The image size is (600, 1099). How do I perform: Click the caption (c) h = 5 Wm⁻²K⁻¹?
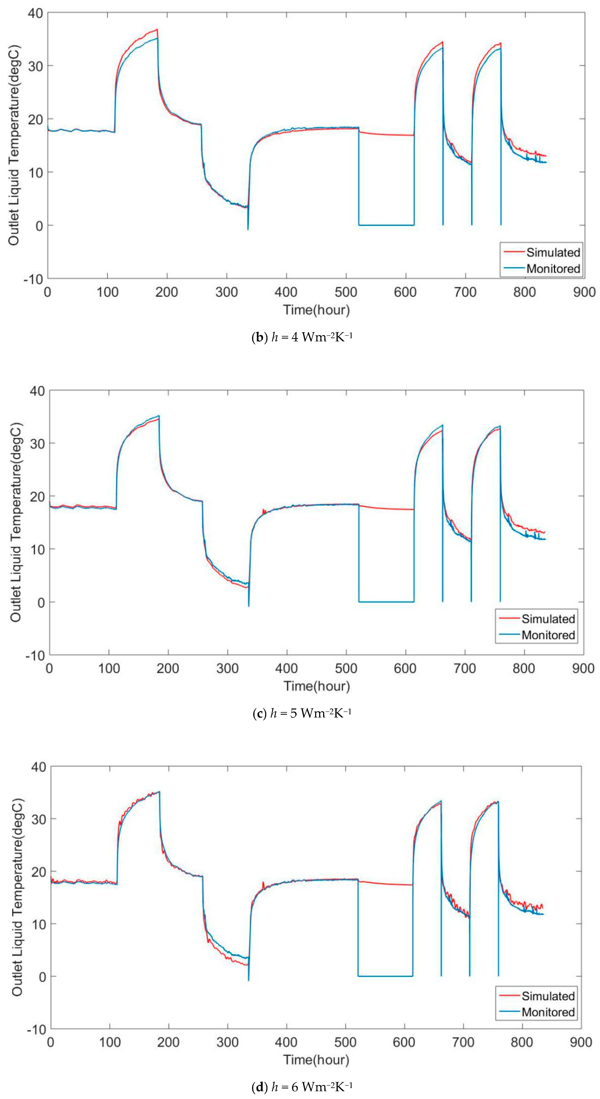pos(302,713)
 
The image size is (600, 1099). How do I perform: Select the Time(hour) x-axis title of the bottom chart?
pos(316,1060)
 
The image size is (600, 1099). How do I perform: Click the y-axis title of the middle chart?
pos(16,523)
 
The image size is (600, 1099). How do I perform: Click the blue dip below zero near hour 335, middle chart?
pos(249,605)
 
